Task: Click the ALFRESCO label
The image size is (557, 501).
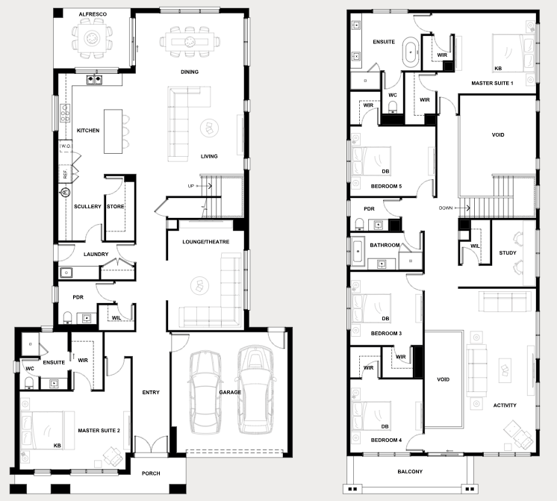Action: tap(93, 14)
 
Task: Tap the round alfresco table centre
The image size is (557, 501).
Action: tap(93, 37)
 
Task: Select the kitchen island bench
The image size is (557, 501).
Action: tap(113, 131)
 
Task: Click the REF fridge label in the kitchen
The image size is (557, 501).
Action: tap(66, 174)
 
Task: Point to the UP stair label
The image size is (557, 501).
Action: tap(190, 186)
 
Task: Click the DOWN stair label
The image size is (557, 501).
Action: tap(446, 208)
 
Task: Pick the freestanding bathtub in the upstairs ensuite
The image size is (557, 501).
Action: tap(411, 52)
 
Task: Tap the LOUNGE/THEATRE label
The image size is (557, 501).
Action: tap(205, 242)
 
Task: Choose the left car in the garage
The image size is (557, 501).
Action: tap(205, 392)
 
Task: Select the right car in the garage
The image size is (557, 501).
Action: tap(255, 390)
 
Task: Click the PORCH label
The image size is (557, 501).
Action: tap(151, 473)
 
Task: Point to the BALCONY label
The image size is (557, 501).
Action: tap(410, 472)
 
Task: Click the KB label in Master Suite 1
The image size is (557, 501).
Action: tap(498, 68)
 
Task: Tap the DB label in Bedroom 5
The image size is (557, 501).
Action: tap(385, 171)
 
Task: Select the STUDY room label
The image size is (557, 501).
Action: tap(507, 252)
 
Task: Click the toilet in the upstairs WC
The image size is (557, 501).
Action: tap(393, 107)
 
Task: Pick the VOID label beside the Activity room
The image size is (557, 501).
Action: tap(443, 379)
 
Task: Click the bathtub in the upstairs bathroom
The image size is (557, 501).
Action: tap(358, 252)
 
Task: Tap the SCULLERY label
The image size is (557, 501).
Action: tap(87, 206)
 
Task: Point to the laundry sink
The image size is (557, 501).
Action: tap(66, 273)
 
